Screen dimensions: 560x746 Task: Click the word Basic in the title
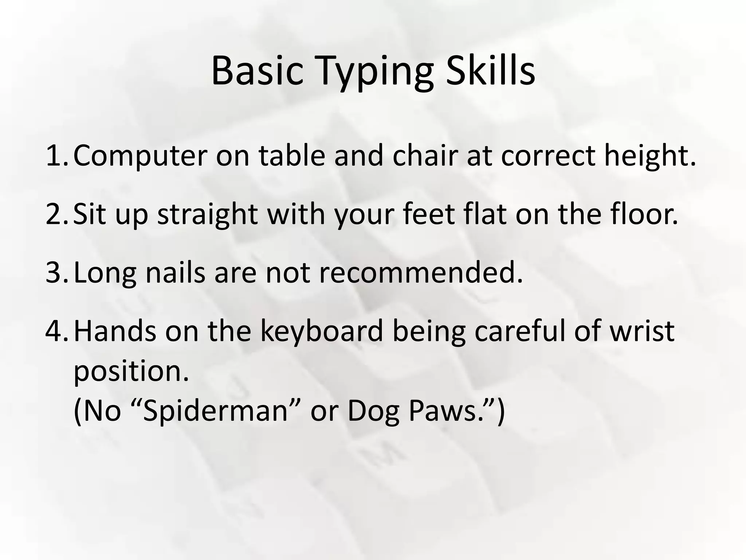click(x=257, y=71)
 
